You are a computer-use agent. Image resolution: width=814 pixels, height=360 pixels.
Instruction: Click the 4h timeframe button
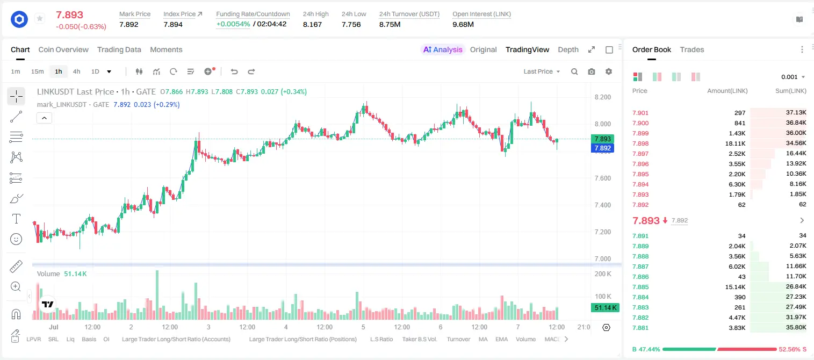click(76, 71)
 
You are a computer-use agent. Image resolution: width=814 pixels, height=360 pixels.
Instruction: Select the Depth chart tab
click(568, 50)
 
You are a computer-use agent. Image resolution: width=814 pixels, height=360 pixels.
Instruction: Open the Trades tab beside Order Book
click(692, 50)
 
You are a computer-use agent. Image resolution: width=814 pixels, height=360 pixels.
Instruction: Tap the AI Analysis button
click(443, 50)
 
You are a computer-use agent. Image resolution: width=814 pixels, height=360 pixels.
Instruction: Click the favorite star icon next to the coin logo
click(40, 18)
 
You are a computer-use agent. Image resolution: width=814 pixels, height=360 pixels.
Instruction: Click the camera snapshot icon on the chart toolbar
click(592, 71)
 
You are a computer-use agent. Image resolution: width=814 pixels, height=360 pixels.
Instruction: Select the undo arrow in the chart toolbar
click(234, 71)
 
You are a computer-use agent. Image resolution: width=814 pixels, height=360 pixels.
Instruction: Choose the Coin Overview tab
click(63, 50)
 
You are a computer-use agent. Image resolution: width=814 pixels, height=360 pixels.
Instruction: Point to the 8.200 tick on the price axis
click(603, 97)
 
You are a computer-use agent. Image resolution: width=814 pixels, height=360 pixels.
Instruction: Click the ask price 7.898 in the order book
click(640, 143)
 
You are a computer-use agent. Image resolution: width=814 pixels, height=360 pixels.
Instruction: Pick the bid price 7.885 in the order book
click(640, 287)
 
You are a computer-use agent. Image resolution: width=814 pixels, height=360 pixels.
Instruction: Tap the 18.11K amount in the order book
click(735, 143)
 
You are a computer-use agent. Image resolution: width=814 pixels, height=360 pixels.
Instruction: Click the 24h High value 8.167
click(312, 24)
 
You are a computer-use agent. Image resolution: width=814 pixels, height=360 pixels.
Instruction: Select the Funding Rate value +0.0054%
click(233, 24)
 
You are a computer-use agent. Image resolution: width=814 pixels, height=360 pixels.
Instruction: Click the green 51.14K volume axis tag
click(605, 308)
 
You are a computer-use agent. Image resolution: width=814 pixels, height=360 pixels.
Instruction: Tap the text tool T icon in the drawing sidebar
click(16, 219)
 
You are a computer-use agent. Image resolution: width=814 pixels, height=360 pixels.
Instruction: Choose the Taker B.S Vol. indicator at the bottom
click(419, 339)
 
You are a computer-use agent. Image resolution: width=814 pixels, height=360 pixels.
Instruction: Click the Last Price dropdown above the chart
click(542, 71)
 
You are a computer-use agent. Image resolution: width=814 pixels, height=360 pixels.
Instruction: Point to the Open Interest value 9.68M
click(463, 24)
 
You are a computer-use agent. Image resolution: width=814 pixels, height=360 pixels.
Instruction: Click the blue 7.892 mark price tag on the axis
click(602, 148)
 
